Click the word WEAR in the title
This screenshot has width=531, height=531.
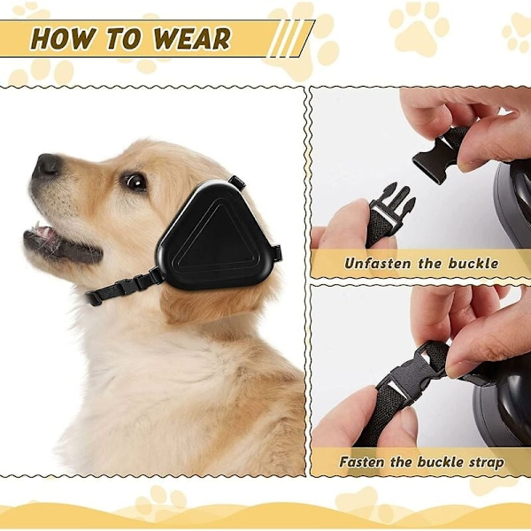click(191, 38)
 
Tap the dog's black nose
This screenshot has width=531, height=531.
click(48, 165)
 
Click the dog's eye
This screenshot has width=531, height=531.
click(136, 181)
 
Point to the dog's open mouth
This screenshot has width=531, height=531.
click(61, 243)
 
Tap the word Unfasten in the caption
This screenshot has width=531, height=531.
click(377, 263)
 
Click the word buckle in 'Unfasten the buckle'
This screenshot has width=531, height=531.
click(473, 263)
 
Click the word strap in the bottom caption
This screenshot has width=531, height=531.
click(486, 463)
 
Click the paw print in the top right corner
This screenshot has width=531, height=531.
click(518, 33)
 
